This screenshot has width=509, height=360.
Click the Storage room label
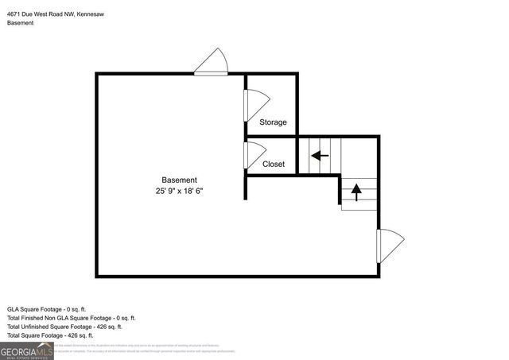(x=273, y=122)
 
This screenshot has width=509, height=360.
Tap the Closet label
(x=273, y=165)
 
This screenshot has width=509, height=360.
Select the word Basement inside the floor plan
(x=179, y=180)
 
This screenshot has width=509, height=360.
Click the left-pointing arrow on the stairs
(x=320, y=156)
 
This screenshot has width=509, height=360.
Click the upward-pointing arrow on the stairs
(x=356, y=191)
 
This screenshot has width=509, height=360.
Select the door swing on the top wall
(x=212, y=63)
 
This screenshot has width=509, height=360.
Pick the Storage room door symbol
(x=256, y=105)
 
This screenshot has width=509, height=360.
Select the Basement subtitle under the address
(x=21, y=23)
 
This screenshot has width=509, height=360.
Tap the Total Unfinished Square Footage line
(x=64, y=327)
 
